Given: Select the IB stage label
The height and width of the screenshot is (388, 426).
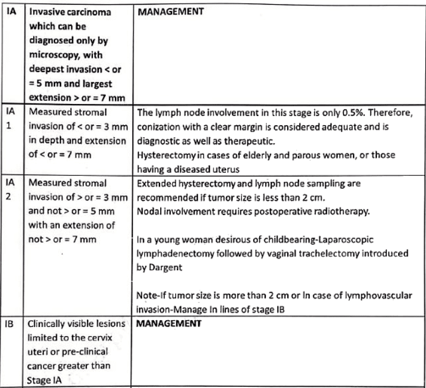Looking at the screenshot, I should pyautogui.click(x=11, y=323).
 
